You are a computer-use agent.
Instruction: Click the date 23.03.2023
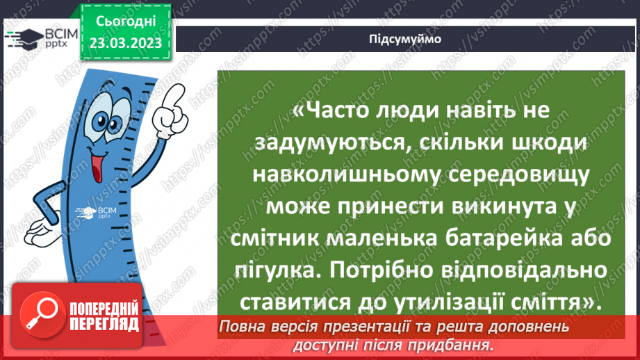pos(125,44)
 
